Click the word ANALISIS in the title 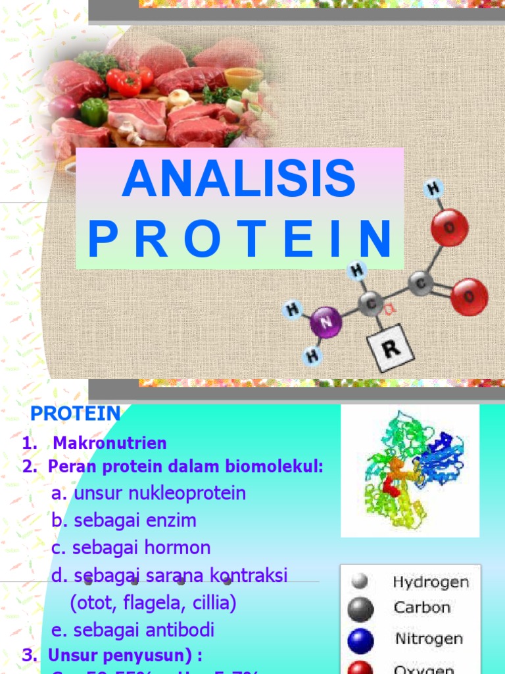click(x=239, y=178)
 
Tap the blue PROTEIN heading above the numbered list click(x=76, y=414)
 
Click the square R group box click(x=390, y=348)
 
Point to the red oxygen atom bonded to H click(x=449, y=227)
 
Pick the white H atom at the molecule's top click(x=433, y=190)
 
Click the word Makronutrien click(x=110, y=443)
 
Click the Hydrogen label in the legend click(x=431, y=582)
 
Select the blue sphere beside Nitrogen click(x=360, y=640)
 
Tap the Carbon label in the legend click(x=421, y=608)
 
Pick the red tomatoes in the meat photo click(x=130, y=80)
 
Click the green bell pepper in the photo click(x=94, y=111)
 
